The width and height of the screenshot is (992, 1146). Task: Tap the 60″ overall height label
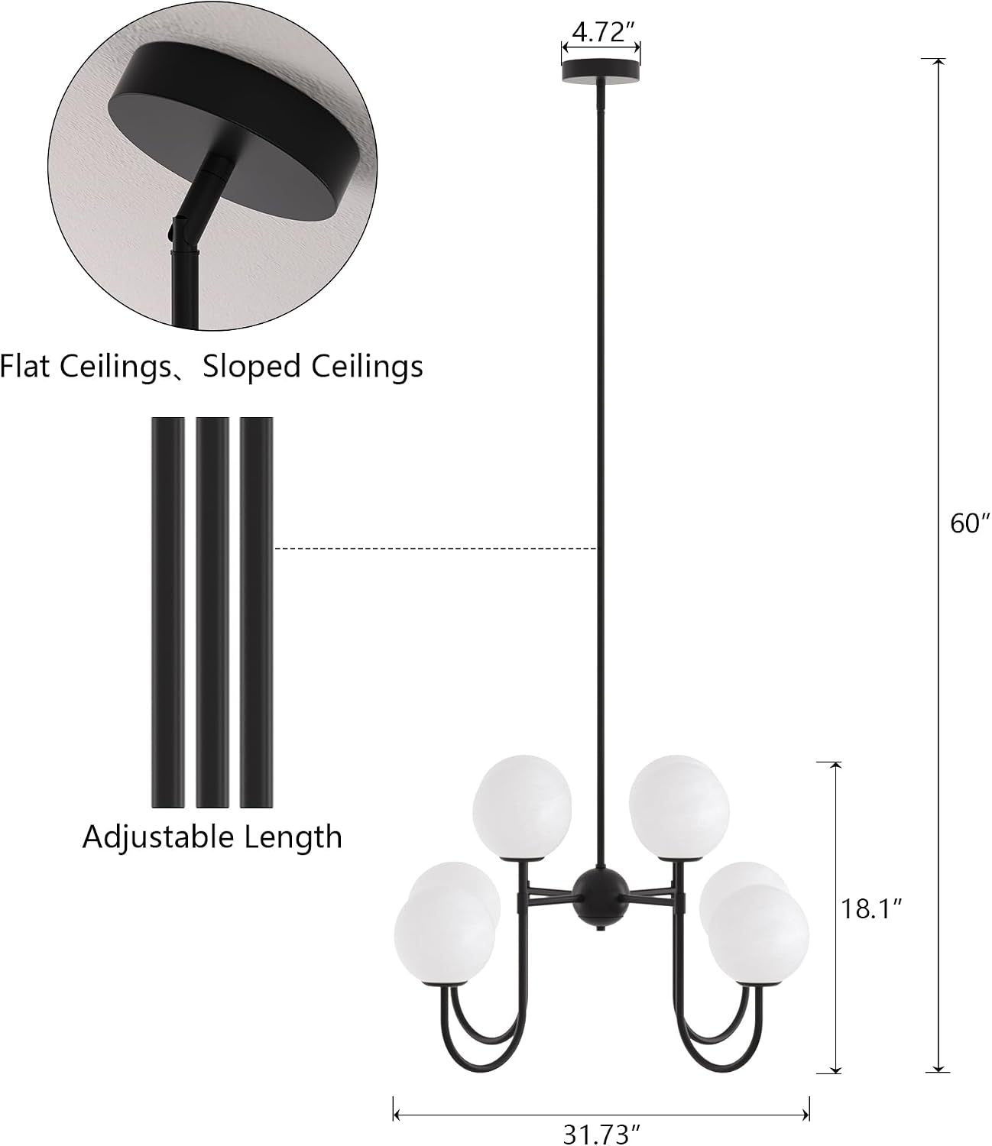point(970,523)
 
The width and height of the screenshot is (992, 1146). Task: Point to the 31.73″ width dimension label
point(602,1134)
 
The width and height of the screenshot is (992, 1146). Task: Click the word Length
point(293,838)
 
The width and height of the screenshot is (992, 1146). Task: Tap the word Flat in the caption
point(24,366)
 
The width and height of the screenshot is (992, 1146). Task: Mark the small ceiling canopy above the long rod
point(601,73)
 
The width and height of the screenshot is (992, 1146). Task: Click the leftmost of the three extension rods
point(168,612)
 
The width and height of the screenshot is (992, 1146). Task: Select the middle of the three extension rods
point(212,612)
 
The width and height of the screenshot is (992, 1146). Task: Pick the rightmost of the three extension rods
point(256,612)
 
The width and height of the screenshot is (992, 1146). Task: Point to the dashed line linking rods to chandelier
point(436,549)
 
